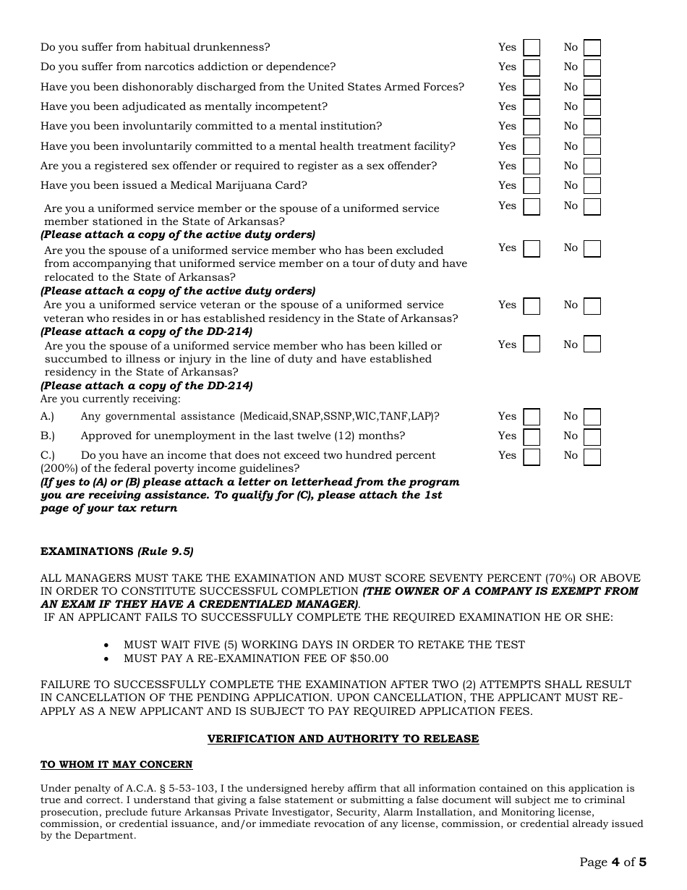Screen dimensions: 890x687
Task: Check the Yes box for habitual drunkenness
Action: click(532, 48)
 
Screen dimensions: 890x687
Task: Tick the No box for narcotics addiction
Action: click(592, 67)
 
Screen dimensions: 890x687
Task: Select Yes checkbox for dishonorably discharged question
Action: click(532, 88)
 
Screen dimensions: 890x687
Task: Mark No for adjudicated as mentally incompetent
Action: click(592, 107)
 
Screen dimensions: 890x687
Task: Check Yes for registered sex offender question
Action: click(532, 166)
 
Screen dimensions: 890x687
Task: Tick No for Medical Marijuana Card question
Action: click(592, 186)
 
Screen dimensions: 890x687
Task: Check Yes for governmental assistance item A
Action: click(532, 417)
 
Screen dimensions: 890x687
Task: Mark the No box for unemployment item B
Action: click(592, 436)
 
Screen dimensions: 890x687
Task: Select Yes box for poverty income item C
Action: click(532, 457)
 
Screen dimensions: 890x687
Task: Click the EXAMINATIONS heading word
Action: click(87, 551)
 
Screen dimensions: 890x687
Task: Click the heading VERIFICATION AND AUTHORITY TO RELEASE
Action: click(343, 739)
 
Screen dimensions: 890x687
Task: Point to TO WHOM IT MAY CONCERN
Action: click(116, 764)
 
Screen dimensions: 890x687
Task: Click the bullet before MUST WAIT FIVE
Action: click(108, 645)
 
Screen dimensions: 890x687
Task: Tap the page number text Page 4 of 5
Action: click(613, 862)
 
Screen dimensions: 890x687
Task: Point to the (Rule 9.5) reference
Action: click(166, 551)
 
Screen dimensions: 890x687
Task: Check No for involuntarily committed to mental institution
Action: click(592, 127)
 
